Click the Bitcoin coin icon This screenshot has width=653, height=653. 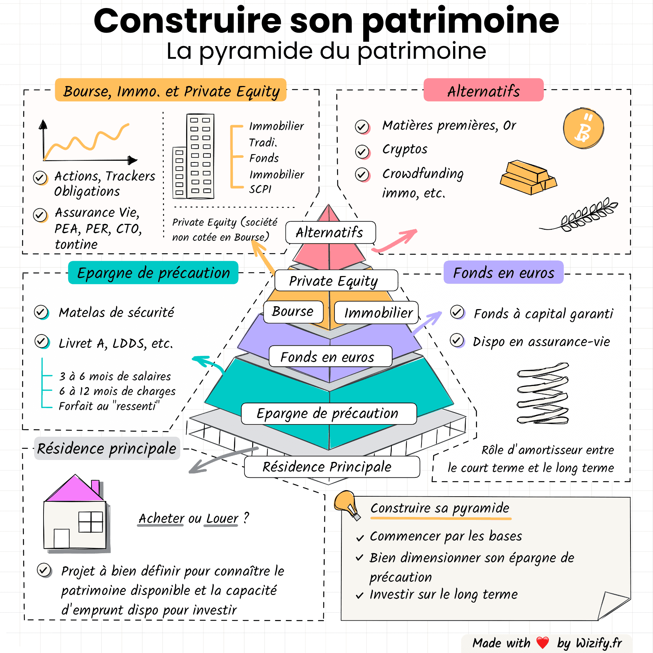[583, 128]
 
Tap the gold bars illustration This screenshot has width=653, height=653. [528, 177]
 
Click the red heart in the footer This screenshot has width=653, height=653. [542, 642]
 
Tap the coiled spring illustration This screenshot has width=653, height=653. [543, 393]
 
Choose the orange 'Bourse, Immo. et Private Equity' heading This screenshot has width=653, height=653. [171, 90]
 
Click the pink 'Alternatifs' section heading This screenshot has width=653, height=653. [483, 90]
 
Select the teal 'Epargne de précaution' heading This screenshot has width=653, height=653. [153, 272]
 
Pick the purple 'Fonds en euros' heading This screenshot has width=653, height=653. [503, 272]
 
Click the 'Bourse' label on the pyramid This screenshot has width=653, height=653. [293, 312]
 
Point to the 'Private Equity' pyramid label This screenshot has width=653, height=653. [333, 281]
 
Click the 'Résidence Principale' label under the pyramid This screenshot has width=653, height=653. [327, 467]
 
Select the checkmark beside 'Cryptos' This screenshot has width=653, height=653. [362, 151]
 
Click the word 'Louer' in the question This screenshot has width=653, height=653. [222, 518]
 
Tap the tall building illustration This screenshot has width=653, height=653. [200, 156]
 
